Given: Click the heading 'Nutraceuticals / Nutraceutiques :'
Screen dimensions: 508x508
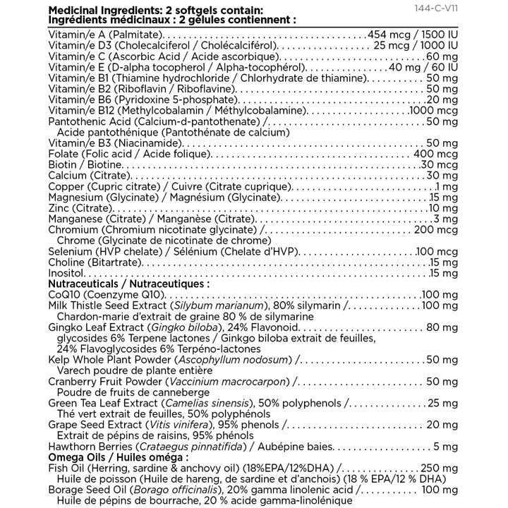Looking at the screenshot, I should click(x=128, y=284).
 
